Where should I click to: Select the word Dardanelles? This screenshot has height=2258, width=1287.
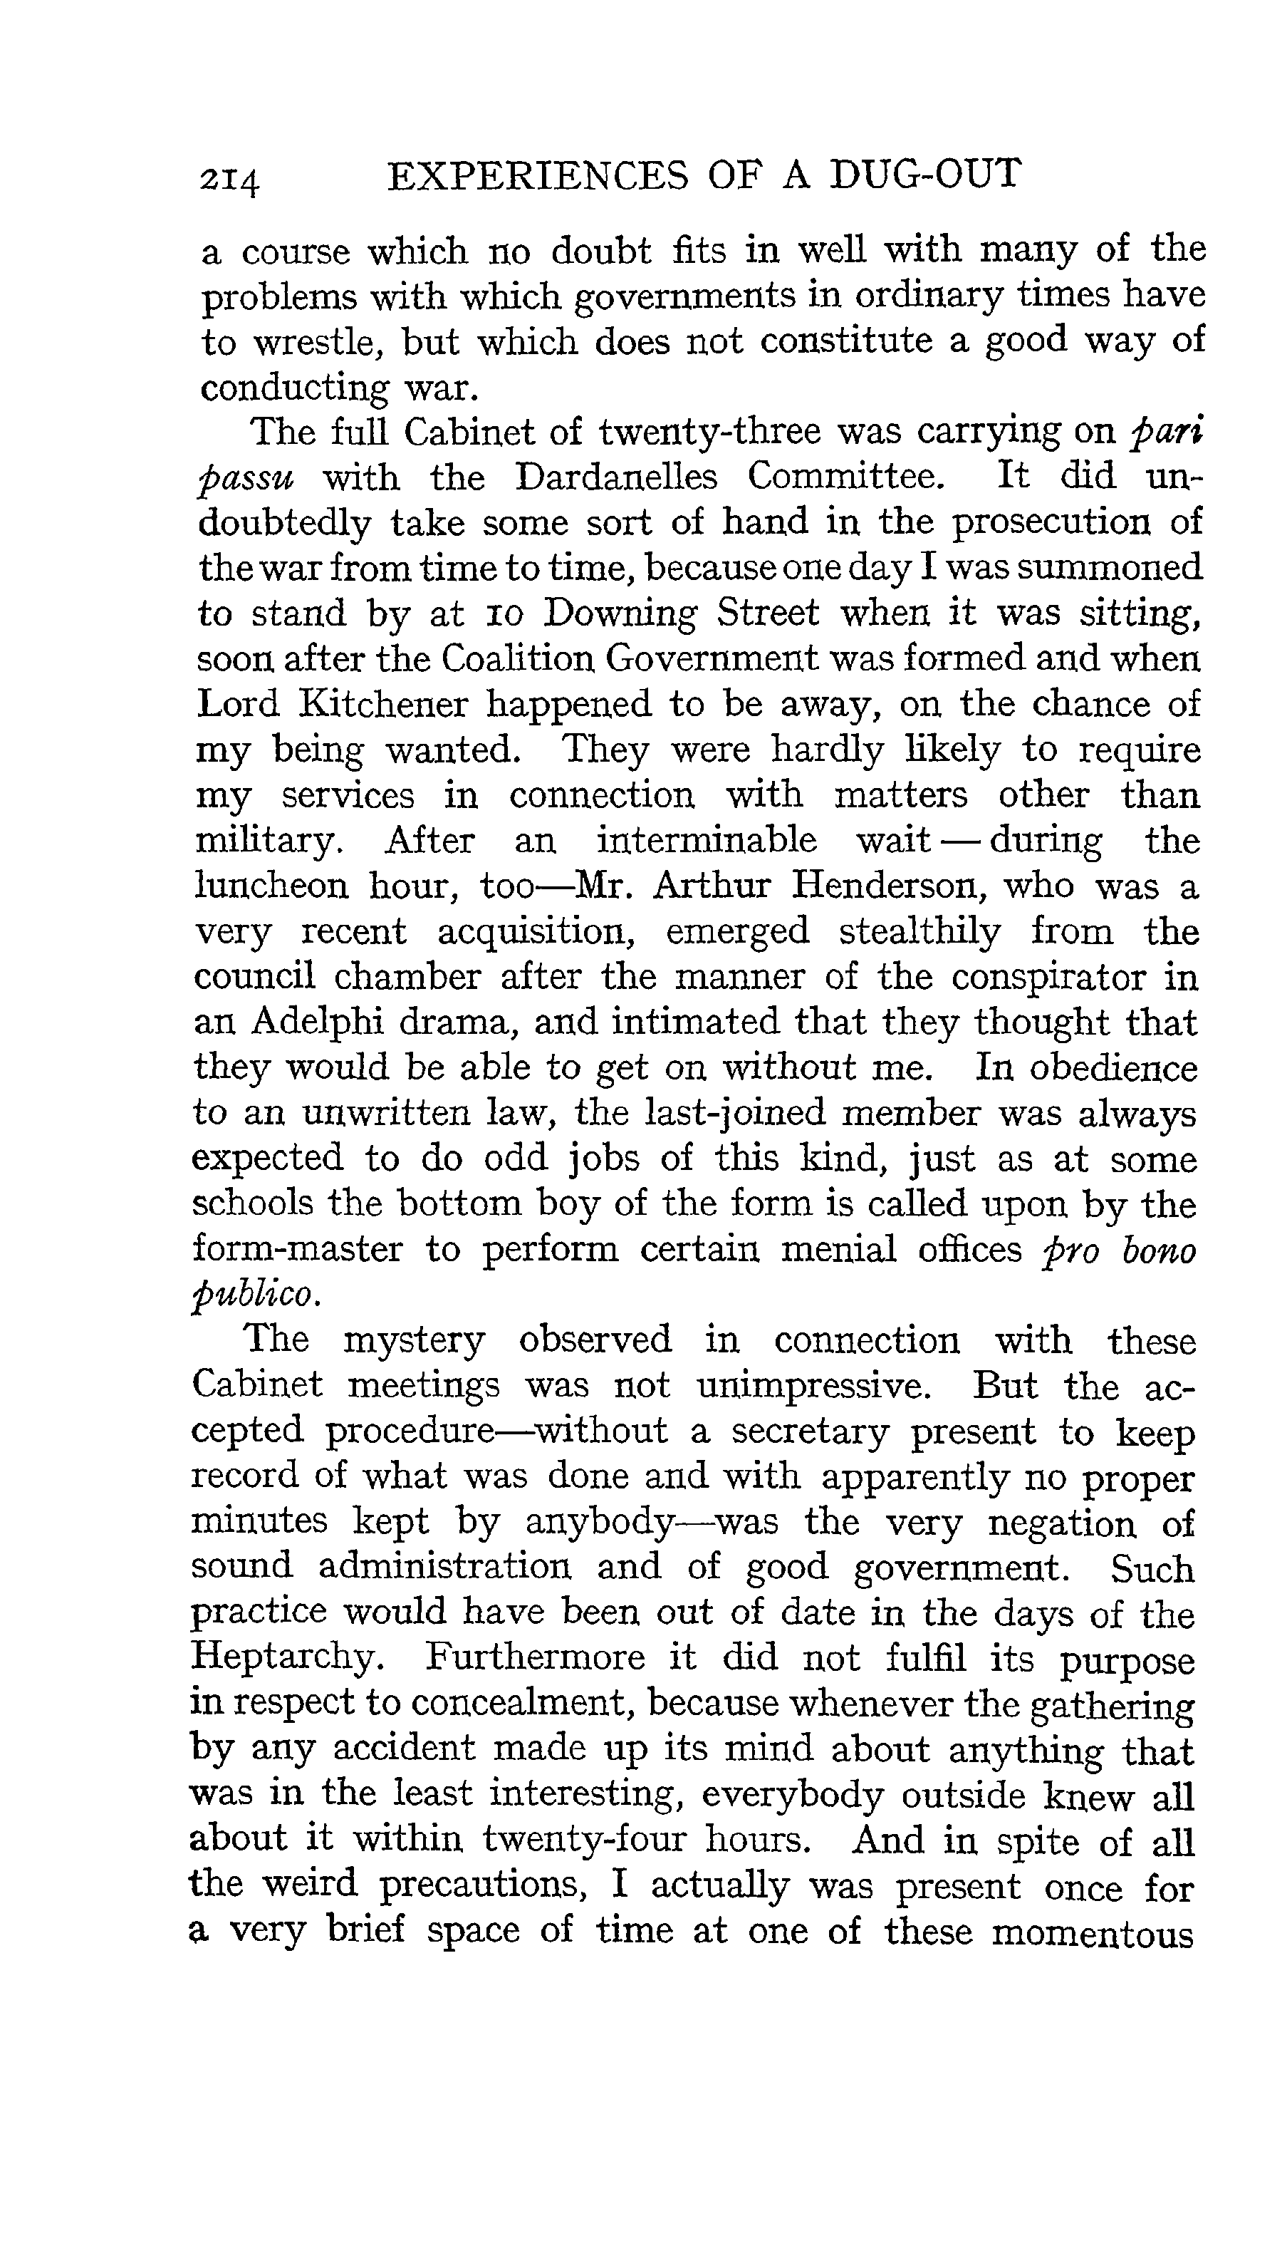(617, 477)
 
